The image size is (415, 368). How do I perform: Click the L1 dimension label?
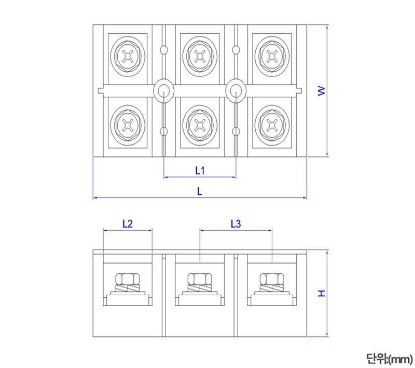tap(200, 170)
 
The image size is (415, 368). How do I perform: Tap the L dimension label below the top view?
tap(200, 191)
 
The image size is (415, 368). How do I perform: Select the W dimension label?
tap(321, 91)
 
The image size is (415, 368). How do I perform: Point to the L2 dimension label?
tap(128, 224)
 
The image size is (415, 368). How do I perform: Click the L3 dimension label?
tap(236, 224)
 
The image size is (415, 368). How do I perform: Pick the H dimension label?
tap(321, 294)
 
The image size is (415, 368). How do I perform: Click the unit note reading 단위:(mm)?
tap(389, 358)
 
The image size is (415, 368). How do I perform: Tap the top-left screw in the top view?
tap(128, 55)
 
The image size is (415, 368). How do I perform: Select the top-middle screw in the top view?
tap(200, 55)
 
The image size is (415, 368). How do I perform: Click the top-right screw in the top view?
tap(272, 55)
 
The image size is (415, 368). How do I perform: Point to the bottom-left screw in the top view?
tap(128, 124)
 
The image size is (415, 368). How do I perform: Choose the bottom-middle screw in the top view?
tap(200, 124)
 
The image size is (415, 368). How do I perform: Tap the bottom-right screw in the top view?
tap(272, 124)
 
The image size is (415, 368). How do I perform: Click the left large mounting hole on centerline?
tap(164, 90)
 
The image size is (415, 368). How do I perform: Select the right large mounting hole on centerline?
tap(236, 90)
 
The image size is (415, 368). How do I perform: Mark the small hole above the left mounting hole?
tap(164, 50)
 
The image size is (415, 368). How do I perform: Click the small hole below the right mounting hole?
tap(236, 132)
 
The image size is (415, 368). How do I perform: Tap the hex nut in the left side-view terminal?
tap(128, 279)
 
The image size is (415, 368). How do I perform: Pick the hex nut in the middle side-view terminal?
tap(200, 279)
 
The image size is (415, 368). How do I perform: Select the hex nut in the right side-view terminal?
tap(272, 279)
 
